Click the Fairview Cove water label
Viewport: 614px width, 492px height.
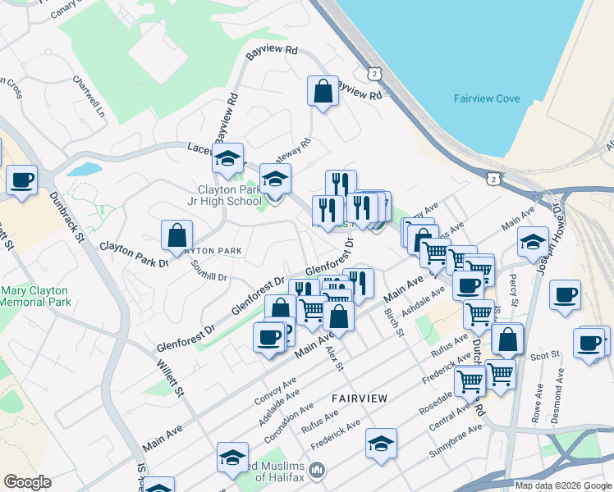coord(487,98)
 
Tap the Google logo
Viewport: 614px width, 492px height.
coord(27,482)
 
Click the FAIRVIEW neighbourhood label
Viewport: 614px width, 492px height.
coord(360,398)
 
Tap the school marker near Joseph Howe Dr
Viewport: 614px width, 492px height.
coord(533,242)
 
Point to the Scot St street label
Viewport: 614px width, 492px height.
coord(544,354)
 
